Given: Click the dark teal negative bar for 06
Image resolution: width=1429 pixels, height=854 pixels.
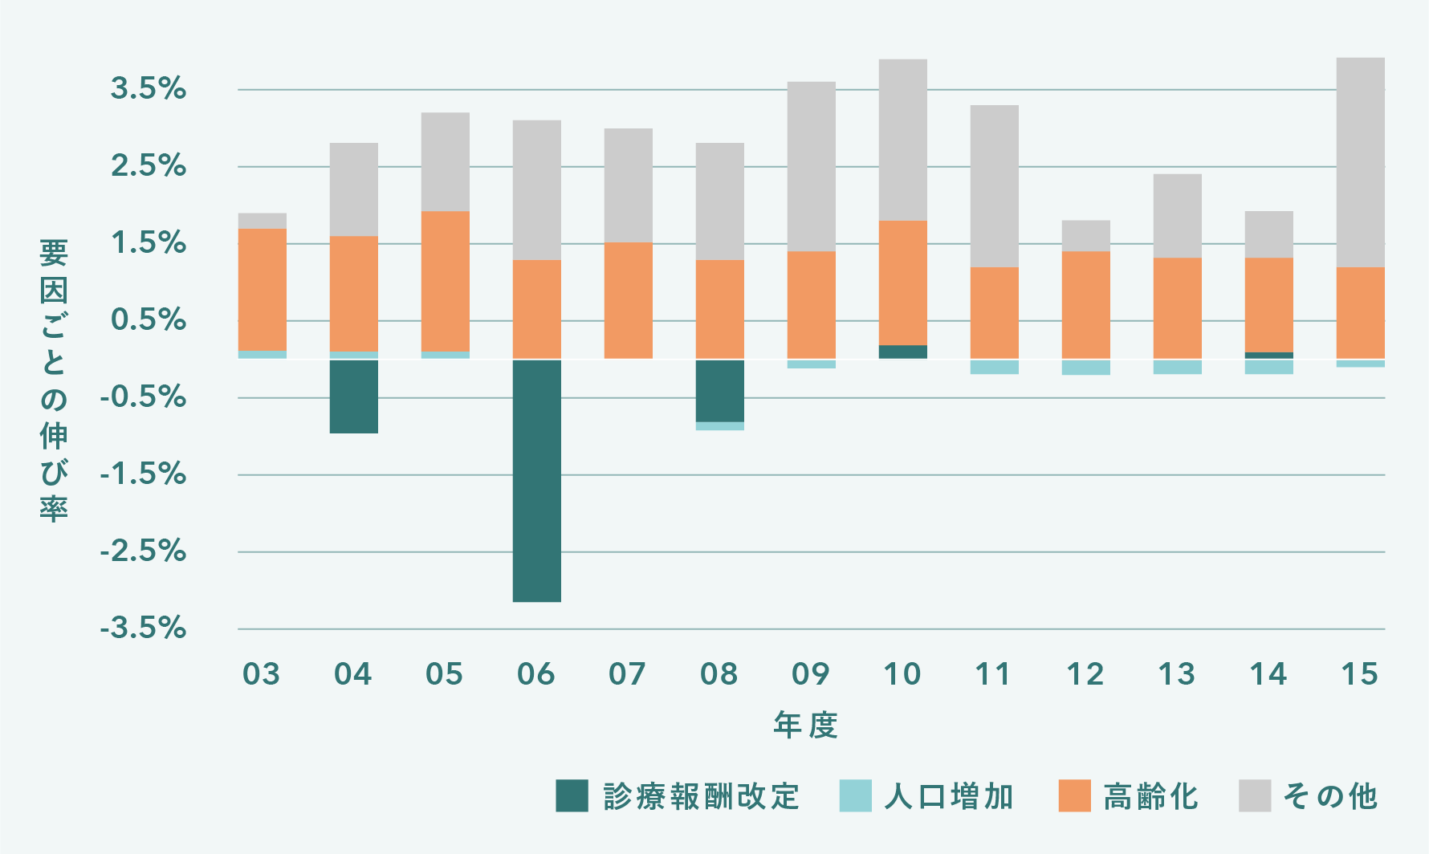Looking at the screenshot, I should pos(536,480).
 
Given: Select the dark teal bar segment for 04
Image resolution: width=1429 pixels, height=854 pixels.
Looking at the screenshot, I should pos(353,396).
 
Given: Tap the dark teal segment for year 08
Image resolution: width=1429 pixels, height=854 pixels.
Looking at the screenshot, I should pos(719,391).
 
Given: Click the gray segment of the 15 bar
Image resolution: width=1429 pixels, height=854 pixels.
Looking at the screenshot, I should pos(1360,162).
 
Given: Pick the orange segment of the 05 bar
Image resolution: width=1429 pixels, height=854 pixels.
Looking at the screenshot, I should pos(445,281).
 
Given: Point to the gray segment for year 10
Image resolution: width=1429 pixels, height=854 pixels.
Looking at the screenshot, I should pos(902,140).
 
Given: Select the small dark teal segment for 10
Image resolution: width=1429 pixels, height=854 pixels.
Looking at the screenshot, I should pos(902,352).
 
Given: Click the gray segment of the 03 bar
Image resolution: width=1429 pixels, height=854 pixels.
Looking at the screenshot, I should pos(262,221).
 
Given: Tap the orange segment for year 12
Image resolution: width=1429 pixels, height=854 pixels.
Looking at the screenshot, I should pos(1085,305).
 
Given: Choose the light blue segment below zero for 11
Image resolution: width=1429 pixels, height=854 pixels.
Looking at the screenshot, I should pos(994,367).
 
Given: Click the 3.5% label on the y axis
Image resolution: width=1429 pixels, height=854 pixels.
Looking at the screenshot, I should pos(149,89).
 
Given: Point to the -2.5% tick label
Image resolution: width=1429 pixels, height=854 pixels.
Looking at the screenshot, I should pos(143,552).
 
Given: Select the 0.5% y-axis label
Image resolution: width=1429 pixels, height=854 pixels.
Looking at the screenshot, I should pos(149,320).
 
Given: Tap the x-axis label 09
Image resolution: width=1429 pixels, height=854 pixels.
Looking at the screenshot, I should pos(810,674).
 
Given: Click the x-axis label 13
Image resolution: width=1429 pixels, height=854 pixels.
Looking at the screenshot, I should pos(1176,674).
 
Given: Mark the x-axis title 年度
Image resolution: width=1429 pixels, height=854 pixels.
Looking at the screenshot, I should pos(806,725).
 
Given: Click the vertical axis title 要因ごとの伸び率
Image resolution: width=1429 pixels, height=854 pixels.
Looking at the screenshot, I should pos(54,380).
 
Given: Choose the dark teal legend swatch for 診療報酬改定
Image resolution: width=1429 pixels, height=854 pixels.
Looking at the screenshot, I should pos(572,796).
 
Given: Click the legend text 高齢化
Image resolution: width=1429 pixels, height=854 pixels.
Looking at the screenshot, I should pos(1150,797).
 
